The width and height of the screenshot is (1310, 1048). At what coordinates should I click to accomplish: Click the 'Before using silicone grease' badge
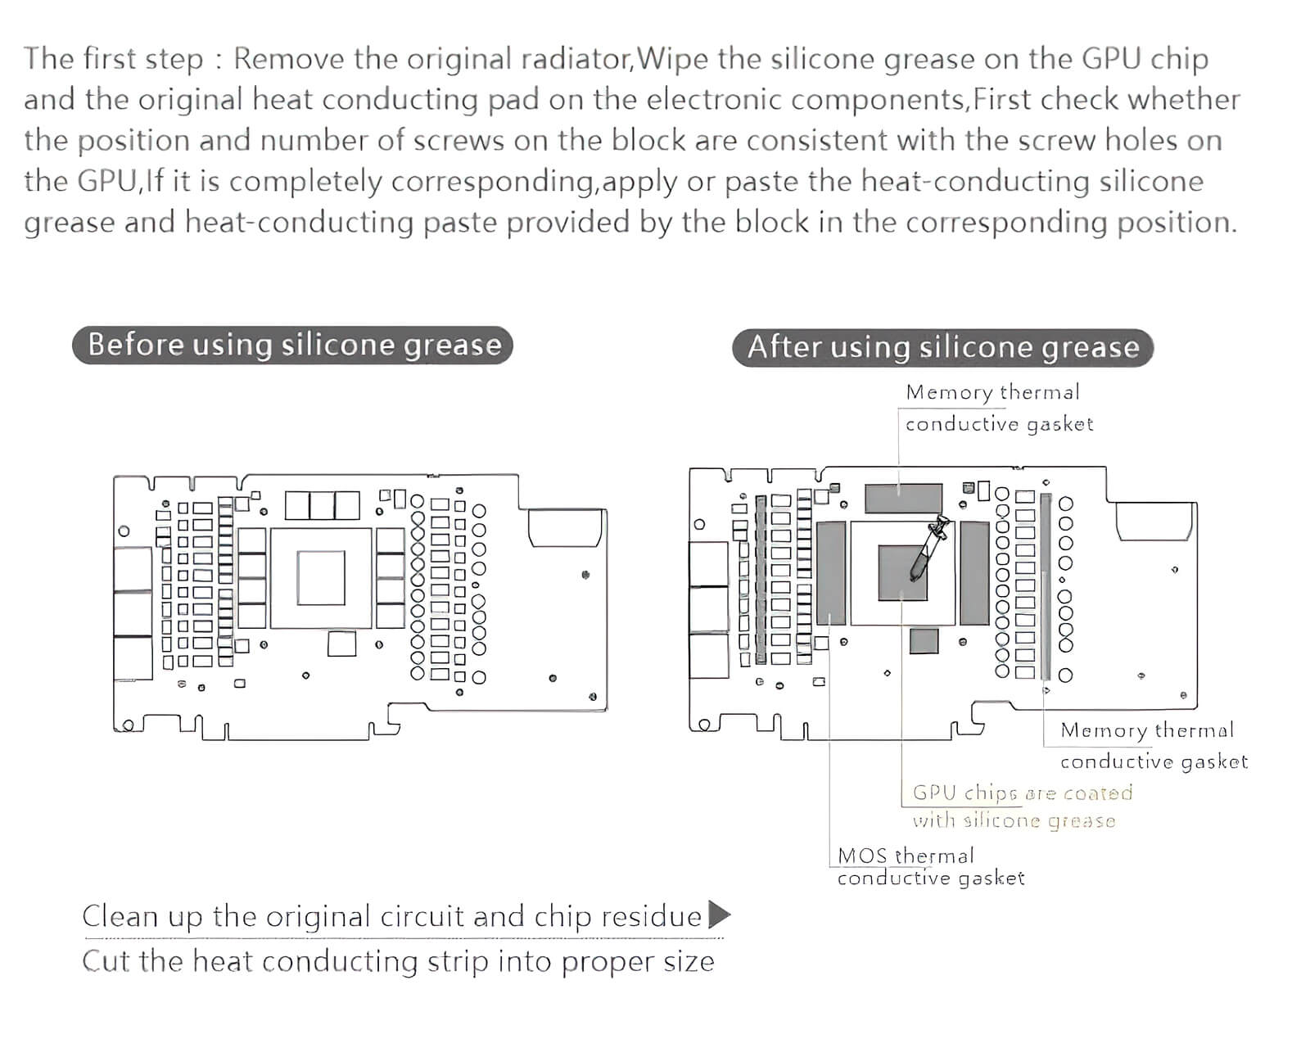293,345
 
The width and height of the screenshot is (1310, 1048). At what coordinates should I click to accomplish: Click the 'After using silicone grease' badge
942,347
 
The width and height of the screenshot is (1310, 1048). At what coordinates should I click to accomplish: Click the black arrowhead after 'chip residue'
718,914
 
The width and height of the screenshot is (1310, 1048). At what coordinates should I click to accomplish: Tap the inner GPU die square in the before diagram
321,577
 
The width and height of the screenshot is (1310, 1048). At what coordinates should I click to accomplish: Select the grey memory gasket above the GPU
903,497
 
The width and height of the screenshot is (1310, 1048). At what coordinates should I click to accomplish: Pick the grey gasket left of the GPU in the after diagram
830,572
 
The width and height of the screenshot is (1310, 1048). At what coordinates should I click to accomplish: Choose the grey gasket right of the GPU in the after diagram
974,572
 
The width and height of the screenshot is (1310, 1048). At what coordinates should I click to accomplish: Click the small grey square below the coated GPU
924,641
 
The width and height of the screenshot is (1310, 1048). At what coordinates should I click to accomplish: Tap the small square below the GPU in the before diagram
341,644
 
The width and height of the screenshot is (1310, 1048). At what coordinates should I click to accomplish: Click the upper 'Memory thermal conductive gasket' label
998,408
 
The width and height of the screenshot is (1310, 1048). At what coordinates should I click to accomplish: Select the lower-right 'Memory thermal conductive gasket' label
1153,745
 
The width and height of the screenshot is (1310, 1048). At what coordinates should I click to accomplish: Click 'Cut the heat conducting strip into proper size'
398,960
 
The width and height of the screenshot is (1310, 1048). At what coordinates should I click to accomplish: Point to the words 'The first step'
114,59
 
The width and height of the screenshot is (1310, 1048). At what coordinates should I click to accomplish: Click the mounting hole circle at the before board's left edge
124,531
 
